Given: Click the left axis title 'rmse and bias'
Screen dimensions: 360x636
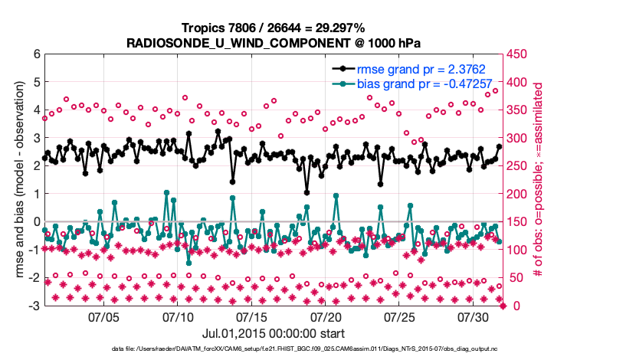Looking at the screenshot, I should [x=18, y=180].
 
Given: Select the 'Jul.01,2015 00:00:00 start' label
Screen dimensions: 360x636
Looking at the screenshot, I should [x=273, y=333].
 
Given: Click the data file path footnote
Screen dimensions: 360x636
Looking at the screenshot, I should [x=274, y=349].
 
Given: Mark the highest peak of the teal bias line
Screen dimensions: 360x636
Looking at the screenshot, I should [x=166, y=193].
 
